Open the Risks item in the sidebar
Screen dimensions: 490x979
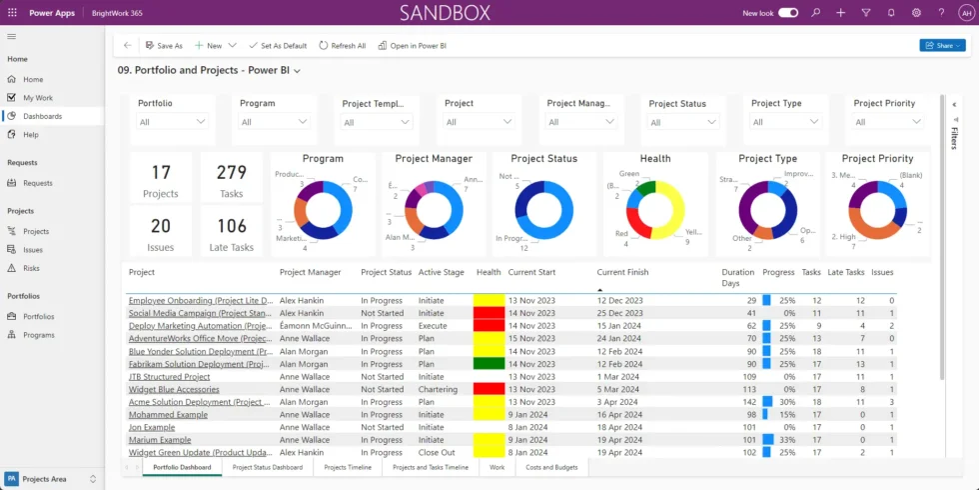(x=32, y=268)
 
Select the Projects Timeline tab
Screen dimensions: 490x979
(x=349, y=467)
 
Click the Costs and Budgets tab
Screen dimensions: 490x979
(x=551, y=467)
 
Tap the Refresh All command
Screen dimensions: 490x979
(x=343, y=46)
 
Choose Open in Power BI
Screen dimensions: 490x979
(x=412, y=46)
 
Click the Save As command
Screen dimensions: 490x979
(x=164, y=46)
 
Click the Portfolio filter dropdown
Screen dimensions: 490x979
(x=174, y=122)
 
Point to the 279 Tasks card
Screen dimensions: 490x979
(x=231, y=181)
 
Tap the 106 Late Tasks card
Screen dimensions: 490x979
(x=231, y=234)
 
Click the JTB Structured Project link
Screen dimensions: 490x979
(x=169, y=377)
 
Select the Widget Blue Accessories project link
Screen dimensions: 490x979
(x=174, y=390)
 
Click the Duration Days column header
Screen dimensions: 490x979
(x=738, y=277)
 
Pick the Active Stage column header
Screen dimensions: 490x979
(x=441, y=272)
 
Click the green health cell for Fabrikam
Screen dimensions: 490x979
(x=489, y=364)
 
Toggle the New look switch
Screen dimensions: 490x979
(x=788, y=13)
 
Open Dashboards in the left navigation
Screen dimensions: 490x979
(x=42, y=116)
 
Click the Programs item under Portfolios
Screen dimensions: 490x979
(x=39, y=335)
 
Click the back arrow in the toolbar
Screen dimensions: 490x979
(x=127, y=46)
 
